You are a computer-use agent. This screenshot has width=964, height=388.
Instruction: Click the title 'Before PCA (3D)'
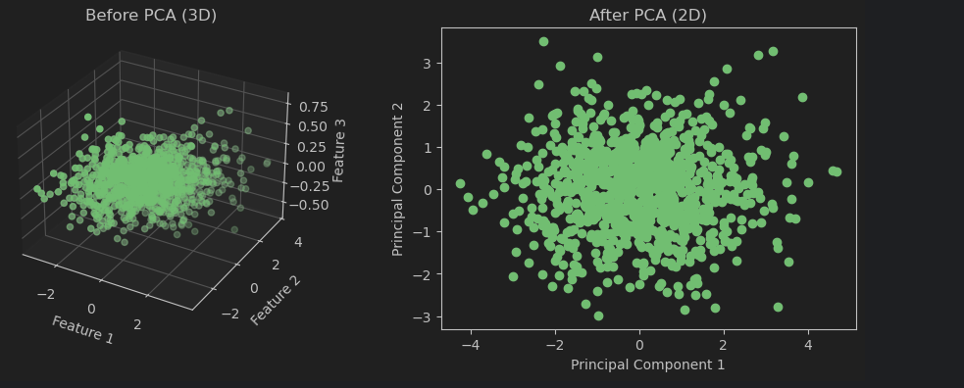151,16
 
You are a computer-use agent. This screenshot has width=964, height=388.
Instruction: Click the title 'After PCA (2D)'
647,16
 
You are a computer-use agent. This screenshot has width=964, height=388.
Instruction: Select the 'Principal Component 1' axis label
647,365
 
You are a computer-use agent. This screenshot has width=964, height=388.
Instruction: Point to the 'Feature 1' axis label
82,330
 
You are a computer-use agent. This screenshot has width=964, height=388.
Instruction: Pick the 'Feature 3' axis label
338,150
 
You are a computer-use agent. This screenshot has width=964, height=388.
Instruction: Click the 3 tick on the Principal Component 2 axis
427,63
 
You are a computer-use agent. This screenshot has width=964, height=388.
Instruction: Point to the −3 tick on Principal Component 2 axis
424,316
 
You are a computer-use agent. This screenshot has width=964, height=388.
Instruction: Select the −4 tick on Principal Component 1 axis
471,345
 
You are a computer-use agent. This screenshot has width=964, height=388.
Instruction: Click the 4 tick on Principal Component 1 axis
808,345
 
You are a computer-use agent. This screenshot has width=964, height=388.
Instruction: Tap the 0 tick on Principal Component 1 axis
639,345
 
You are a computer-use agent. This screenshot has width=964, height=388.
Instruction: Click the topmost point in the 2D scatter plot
543,42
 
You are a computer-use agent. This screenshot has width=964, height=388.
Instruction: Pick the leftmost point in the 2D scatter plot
460,184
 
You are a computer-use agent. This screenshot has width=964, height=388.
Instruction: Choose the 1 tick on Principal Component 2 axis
427,147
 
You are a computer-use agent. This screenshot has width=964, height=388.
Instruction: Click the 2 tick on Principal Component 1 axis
724,345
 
